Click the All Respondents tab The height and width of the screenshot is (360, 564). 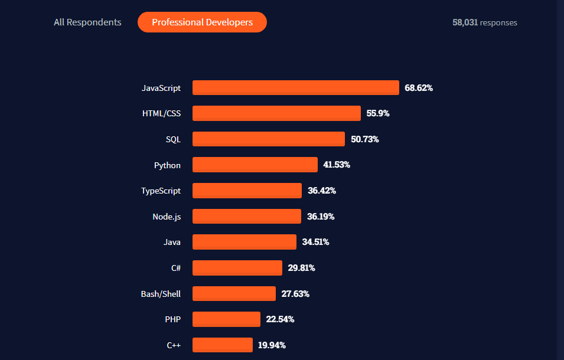[x=87, y=22]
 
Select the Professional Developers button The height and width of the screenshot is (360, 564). [x=202, y=22]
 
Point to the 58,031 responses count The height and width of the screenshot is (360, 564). [x=484, y=22]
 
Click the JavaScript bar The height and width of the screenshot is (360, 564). [x=295, y=88]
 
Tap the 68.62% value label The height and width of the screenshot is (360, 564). [x=419, y=88]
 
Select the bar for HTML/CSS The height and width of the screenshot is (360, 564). [x=276, y=113]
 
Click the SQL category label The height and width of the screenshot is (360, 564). [x=173, y=139]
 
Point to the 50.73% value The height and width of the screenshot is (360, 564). [x=364, y=139]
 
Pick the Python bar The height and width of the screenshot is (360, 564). [x=255, y=165]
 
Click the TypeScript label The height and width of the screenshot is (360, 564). [x=161, y=191]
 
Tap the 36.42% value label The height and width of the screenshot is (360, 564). [x=322, y=191]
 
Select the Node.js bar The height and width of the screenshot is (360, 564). [x=247, y=217]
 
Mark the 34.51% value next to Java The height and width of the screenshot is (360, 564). [x=315, y=242]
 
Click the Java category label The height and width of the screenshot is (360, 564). [x=172, y=242]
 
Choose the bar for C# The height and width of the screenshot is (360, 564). [x=237, y=268]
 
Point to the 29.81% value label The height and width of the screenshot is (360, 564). [x=301, y=268]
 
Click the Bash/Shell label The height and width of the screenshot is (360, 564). [x=161, y=294]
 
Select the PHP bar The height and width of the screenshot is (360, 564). [x=226, y=319]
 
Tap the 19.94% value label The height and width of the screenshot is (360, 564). [x=272, y=345]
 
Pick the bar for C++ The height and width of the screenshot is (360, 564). [x=223, y=345]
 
